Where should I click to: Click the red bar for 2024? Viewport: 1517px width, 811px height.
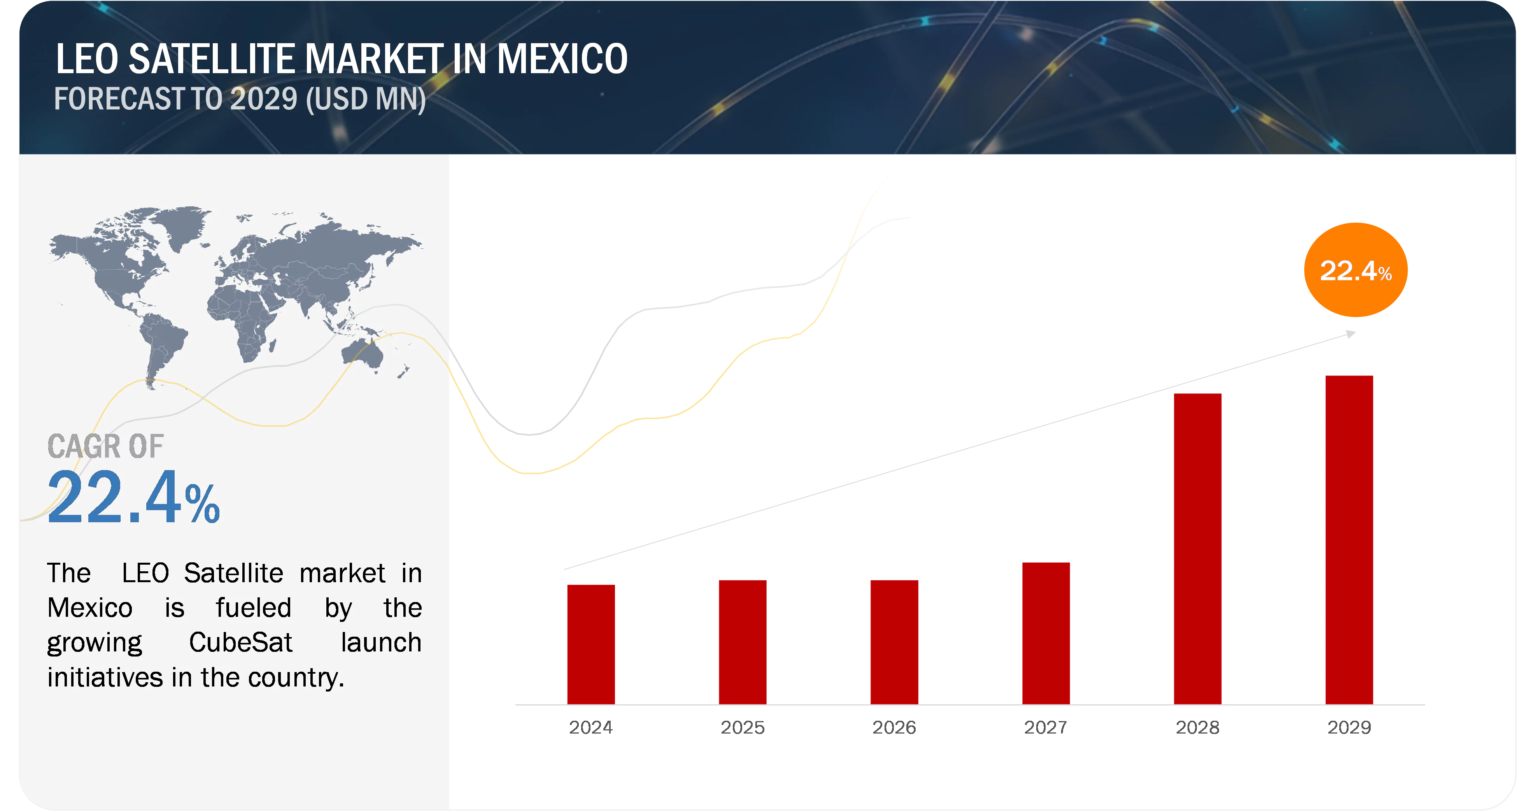pyautogui.click(x=591, y=643)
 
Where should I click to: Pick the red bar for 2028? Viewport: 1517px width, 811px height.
pyautogui.click(x=1197, y=548)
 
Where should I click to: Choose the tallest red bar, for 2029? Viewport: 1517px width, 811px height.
pyautogui.click(x=1349, y=539)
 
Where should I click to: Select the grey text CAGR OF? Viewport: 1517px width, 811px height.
pyautogui.click(x=105, y=446)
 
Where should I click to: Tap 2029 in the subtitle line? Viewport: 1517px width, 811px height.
pyautogui.click(x=263, y=99)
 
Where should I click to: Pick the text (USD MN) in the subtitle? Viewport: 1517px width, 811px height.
pyautogui.click(x=366, y=99)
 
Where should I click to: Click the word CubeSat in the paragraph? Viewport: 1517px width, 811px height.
pyautogui.click(x=240, y=642)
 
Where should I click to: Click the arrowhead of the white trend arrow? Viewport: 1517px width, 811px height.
pyautogui.click(x=1350, y=335)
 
